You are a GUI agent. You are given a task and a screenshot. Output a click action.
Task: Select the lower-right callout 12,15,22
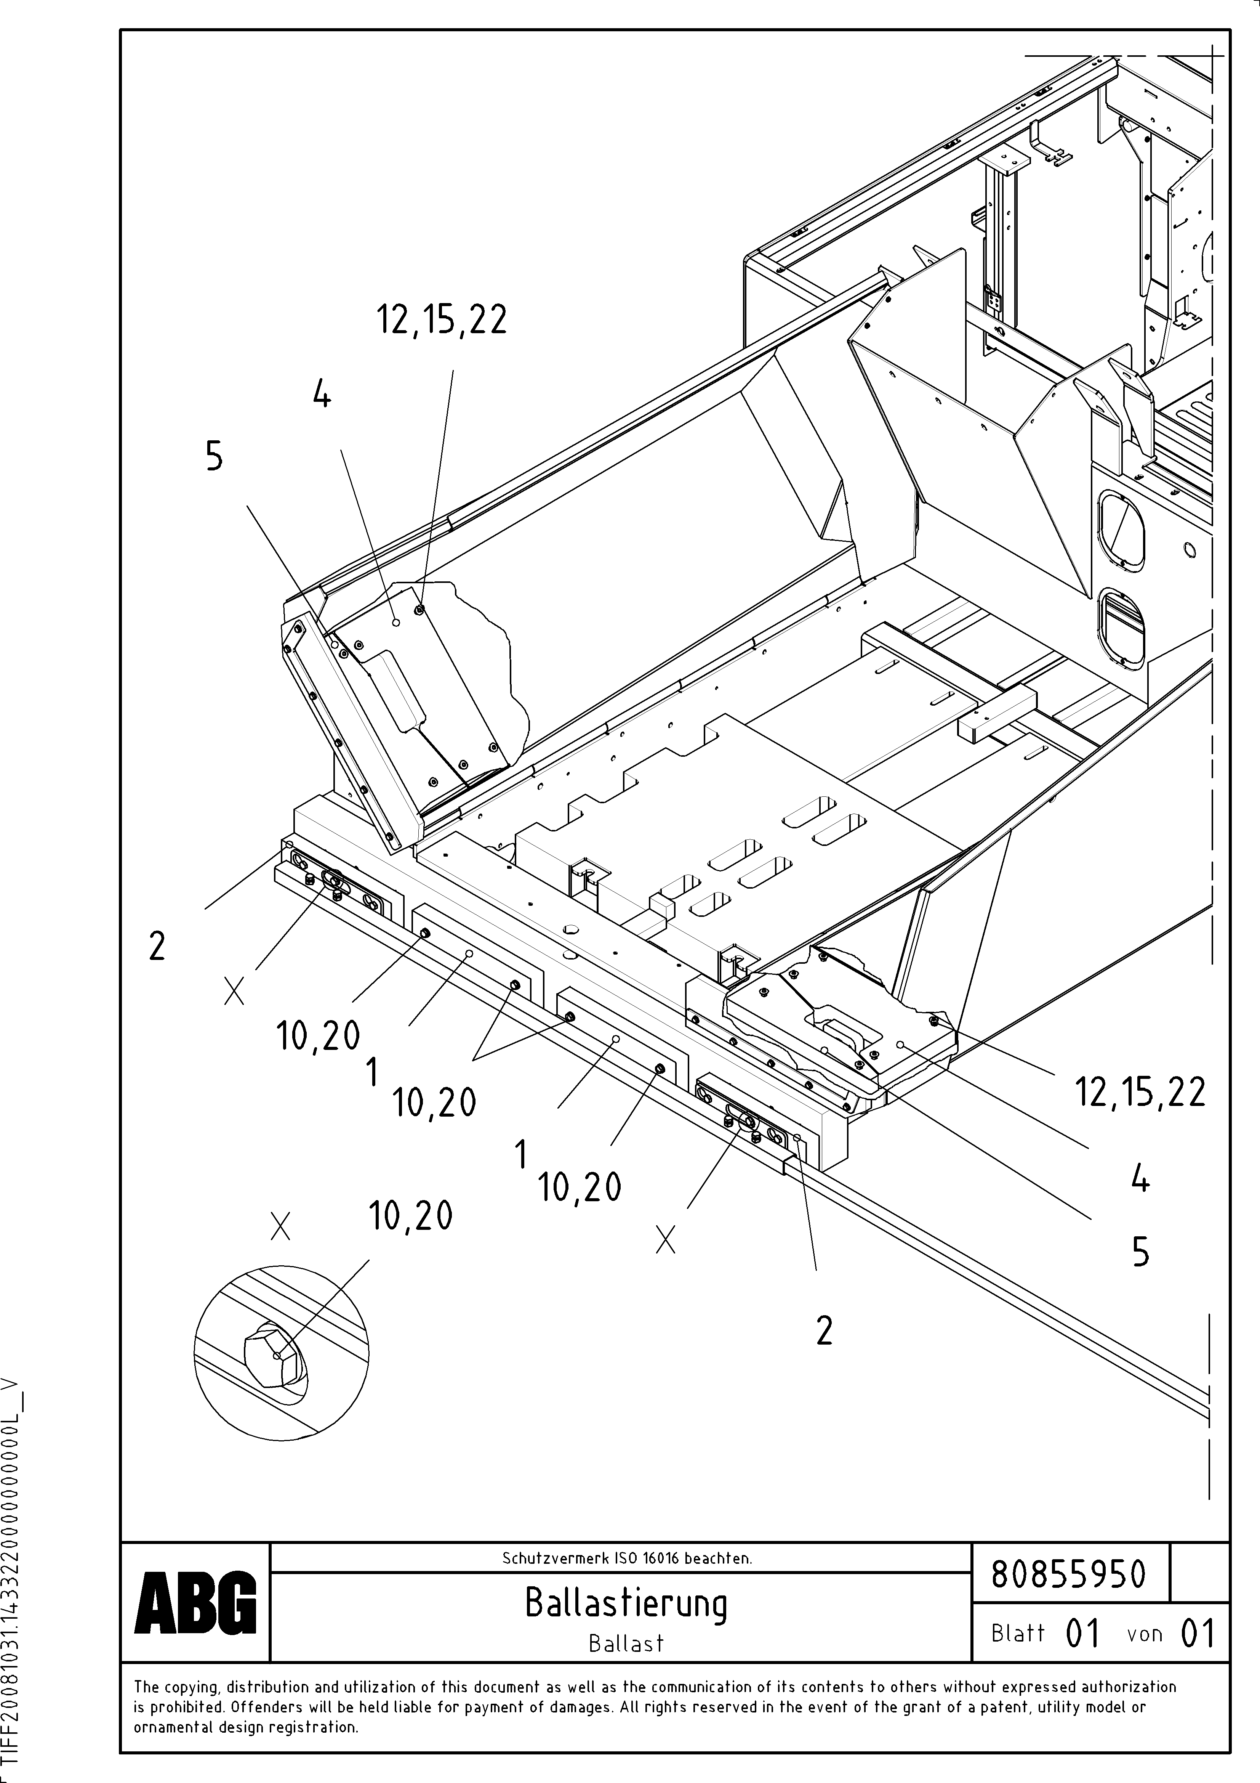1140,1092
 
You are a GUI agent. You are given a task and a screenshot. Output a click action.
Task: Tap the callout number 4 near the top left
322,396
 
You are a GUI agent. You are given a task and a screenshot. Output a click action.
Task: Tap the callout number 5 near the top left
214,456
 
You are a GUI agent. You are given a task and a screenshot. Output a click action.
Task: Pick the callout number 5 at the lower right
1140,1252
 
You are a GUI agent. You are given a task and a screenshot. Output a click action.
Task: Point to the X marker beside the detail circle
280,1226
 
